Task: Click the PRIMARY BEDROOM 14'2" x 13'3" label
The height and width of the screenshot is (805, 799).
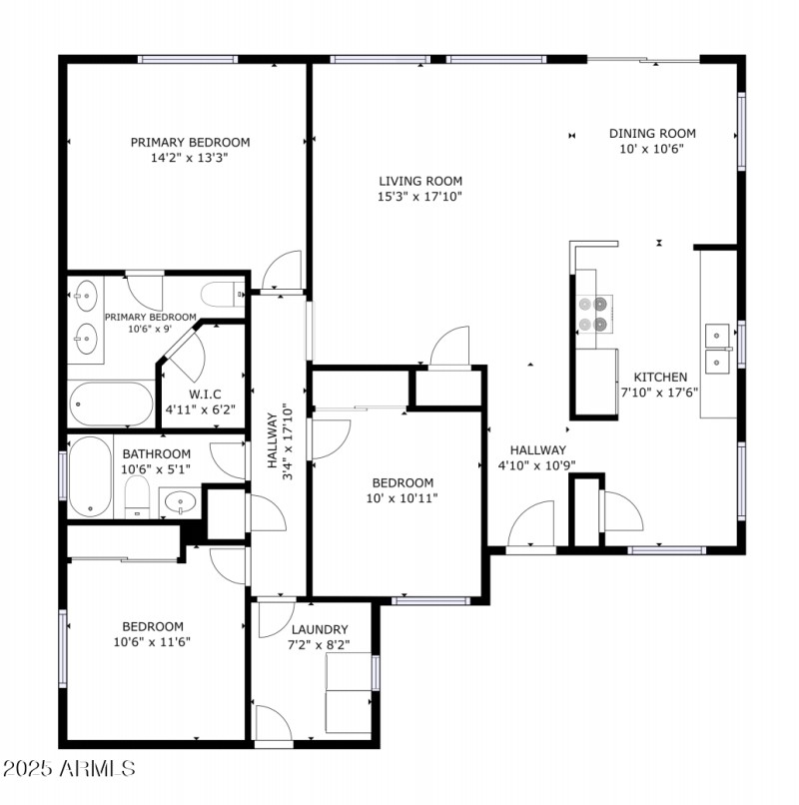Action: point(190,149)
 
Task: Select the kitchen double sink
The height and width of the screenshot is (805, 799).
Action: point(718,347)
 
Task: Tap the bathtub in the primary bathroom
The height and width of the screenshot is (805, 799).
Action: point(111,403)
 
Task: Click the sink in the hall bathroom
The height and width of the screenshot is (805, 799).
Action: point(180,501)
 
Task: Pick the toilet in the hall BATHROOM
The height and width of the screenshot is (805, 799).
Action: point(137,497)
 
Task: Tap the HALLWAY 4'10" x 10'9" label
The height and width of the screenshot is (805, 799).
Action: point(537,457)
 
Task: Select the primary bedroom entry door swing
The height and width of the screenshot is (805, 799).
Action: point(281,271)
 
